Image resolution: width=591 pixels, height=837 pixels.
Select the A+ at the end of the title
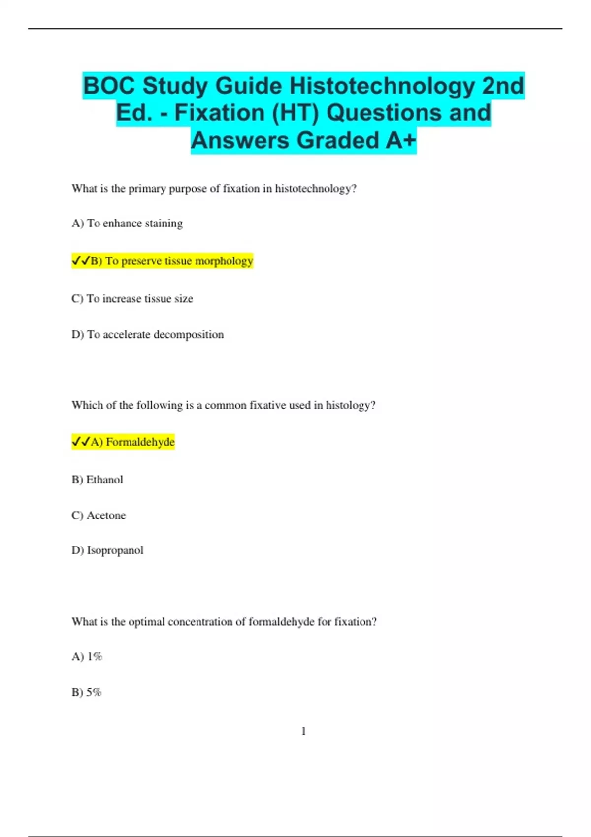[401, 140]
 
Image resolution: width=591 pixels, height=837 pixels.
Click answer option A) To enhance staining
[127, 224]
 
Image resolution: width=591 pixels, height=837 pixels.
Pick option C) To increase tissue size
[132, 299]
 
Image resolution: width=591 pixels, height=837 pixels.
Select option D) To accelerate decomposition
[147, 335]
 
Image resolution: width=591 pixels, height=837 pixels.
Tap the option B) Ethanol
[97, 480]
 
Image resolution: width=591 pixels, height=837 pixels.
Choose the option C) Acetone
[98, 515]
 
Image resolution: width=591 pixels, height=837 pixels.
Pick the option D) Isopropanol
[107, 550]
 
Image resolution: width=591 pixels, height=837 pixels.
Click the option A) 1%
[87, 657]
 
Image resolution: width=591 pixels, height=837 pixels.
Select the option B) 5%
[86, 692]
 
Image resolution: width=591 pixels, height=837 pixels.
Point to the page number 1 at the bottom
[303, 731]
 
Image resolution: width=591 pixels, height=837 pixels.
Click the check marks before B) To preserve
[81, 261]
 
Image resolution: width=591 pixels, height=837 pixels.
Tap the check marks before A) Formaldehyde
[81, 442]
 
